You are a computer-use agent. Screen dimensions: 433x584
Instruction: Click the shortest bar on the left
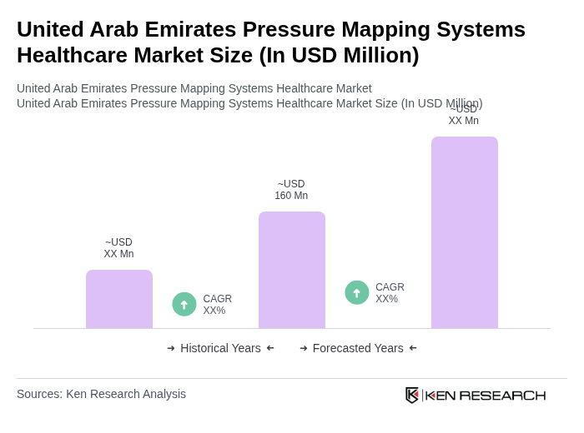coord(119,299)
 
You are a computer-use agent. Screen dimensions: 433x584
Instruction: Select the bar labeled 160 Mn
coord(292,270)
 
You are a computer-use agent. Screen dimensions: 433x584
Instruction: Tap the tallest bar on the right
coord(465,232)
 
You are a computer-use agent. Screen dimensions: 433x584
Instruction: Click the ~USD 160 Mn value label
coord(291,190)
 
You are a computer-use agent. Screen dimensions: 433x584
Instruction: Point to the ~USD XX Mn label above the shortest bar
coord(118,248)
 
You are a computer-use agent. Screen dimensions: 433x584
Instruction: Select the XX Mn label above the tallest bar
coord(464,121)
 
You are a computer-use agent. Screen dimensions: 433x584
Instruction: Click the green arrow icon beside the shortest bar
coord(184,304)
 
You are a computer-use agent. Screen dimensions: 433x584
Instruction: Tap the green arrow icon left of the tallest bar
coord(357,292)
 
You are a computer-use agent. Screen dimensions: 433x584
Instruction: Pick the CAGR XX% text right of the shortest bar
coord(218,305)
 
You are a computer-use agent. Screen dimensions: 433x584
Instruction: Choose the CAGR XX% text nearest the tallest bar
coord(390,293)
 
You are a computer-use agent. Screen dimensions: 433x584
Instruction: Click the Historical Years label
coord(220,348)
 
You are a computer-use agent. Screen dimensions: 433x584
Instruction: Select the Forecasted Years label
coord(358,348)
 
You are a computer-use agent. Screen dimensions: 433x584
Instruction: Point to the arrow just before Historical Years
coord(171,348)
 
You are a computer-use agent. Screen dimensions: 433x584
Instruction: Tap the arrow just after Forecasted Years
coord(413,348)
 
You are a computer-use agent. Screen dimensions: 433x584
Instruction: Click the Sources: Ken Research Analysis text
coord(101,394)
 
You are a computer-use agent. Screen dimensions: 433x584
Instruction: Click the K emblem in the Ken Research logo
coord(412,395)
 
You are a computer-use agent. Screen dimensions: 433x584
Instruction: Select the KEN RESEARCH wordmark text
coord(486,395)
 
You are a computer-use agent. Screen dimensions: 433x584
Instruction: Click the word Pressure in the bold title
coord(304,29)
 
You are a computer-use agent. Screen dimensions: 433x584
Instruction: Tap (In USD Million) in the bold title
coord(340,55)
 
